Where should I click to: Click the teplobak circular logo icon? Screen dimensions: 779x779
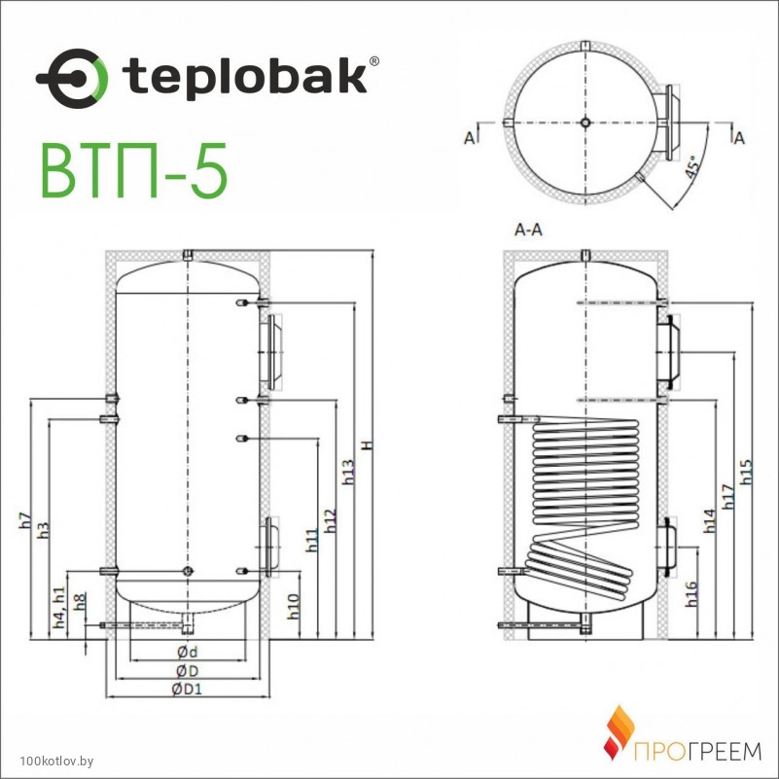point(72,79)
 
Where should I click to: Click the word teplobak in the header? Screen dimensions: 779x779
point(245,77)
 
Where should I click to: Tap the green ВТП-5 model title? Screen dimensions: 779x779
point(134,170)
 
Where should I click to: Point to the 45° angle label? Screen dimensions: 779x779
point(692,166)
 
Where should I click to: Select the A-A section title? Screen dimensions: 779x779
point(528,230)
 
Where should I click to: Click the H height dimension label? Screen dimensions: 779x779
point(367,445)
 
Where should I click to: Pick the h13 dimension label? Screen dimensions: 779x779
point(349,472)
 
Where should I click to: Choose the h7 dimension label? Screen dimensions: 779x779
point(25,520)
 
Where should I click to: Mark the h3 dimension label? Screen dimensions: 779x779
point(44,530)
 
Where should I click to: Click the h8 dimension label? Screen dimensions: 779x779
point(80,602)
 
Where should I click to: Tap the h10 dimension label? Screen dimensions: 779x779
point(294,607)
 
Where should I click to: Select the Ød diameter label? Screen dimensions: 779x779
point(188,652)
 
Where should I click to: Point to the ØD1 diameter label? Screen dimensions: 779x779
point(188,690)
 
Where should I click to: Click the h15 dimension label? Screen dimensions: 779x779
point(746,472)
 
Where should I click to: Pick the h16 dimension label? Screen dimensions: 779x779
point(691,594)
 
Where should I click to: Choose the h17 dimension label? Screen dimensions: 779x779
point(727,497)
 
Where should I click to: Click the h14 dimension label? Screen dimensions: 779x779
point(709,521)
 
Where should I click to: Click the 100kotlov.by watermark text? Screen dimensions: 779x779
point(56,761)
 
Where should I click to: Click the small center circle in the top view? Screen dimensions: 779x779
point(585,123)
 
